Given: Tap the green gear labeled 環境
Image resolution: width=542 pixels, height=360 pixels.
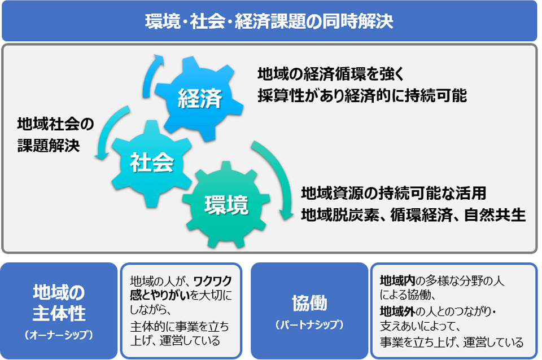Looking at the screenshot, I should point(226,204).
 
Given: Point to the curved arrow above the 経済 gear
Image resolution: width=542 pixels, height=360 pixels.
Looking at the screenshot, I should point(151,71).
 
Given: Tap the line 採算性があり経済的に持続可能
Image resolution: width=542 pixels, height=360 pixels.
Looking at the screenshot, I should point(362,95).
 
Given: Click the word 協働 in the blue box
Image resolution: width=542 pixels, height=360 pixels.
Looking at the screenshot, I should point(309,302).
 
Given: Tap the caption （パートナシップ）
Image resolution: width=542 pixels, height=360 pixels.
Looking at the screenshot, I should point(309,326).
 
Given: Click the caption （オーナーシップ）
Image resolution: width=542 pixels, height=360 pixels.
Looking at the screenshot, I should point(59,335).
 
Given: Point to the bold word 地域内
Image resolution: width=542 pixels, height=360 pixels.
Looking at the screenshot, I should point(397,280).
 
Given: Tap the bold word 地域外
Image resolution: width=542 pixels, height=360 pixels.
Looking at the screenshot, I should point(397,311).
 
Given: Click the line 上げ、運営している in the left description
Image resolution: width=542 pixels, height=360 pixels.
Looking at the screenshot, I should point(174,341).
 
